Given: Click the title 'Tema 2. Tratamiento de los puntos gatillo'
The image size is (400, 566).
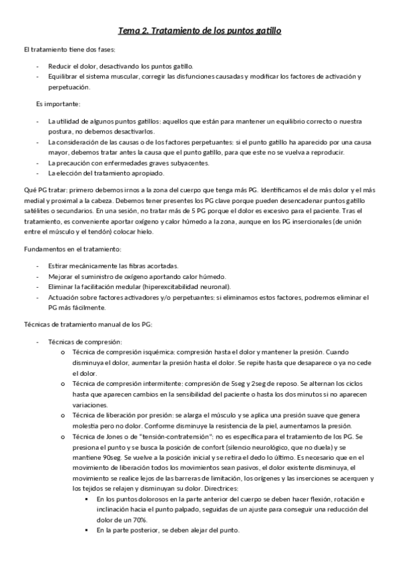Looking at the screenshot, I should pos(200,31).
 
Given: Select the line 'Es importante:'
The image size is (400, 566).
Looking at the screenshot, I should pos(58,103).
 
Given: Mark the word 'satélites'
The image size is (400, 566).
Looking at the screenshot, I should pos(36,212).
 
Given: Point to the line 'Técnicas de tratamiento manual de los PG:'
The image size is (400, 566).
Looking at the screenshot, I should pos(87,324).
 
